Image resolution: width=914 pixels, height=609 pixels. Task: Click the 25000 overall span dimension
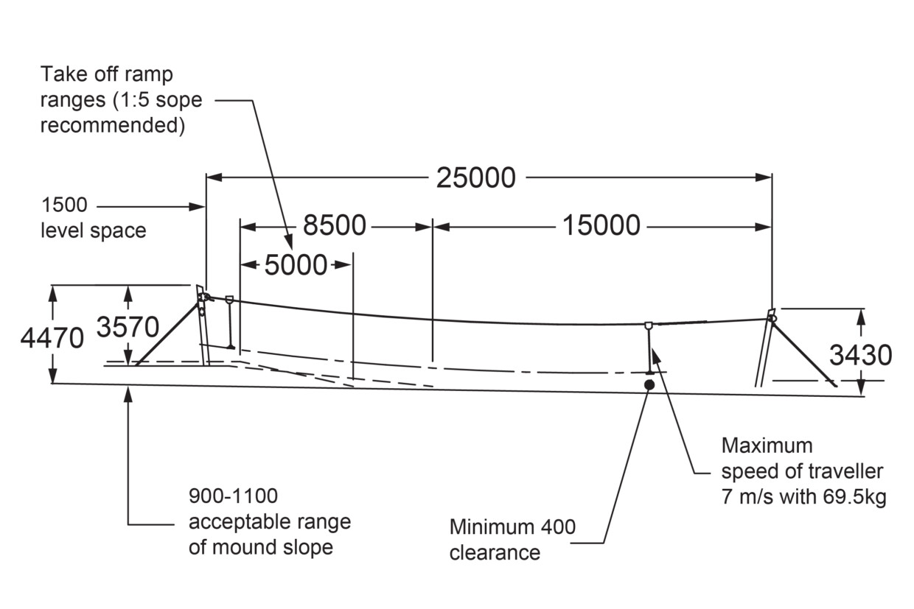pyautogui.click(x=475, y=178)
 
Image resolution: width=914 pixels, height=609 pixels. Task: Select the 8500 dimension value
pyautogui.click(x=334, y=225)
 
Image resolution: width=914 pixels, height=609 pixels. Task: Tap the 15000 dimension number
pyautogui.click(x=601, y=225)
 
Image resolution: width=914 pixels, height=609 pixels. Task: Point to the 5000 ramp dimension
pyautogui.click(x=296, y=265)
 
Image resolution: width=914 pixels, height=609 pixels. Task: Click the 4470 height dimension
pyautogui.click(x=52, y=338)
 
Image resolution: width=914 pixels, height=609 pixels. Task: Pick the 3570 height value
pyautogui.click(x=128, y=327)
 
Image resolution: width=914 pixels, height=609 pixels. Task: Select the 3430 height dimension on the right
pyautogui.click(x=860, y=355)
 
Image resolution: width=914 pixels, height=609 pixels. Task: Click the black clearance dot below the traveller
pyautogui.click(x=649, y=385)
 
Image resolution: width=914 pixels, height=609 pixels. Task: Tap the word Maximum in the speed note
pyautogui.click(x=767, y=446)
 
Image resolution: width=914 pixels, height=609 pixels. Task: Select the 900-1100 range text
pyautogui.click(x=233, y=496)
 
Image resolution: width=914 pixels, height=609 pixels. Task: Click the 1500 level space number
pyautogui.click(x=64, y=205)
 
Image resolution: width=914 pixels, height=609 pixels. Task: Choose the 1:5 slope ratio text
pyautogui.click(x=133, y=100)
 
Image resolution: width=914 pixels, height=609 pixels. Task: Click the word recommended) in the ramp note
pyautogui.click(x=113, y=125)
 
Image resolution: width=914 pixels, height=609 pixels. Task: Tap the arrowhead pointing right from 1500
pyautogui.click(x=197, y=207)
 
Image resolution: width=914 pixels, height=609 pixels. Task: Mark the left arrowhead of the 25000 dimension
pyautogui.click(x=214, y=177)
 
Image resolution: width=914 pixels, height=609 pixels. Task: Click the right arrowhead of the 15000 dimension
pyautogui.click(x=764, y=227)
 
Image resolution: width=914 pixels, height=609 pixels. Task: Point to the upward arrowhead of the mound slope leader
pyautogui.click(x=128, y=394)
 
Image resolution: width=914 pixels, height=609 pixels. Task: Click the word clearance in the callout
pyautogui.click(x=495, y=553)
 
